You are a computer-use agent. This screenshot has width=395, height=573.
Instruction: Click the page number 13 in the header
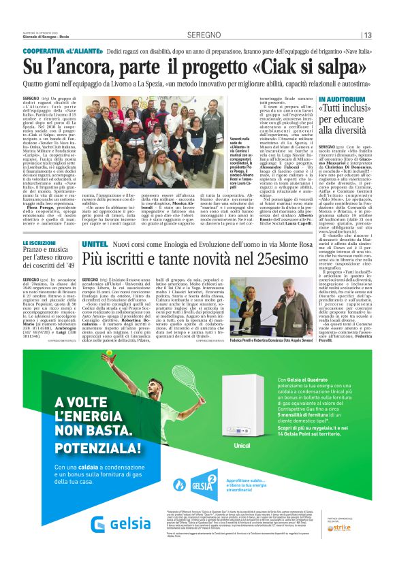coord(368,35)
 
